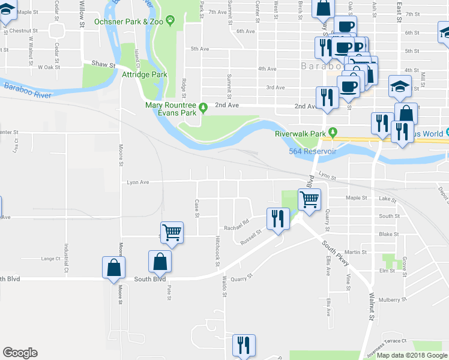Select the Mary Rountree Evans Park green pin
tap(203, 108)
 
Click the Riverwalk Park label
tap(300, 133)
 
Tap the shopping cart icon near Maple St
tap(309, 200)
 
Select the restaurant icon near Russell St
tap(278, 218)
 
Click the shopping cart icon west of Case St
tap(172, 232)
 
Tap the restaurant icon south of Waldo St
tap(244, 345)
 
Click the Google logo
tap(20, 353)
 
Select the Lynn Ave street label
tap(137, 182)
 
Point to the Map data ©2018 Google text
tap(412, 355)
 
